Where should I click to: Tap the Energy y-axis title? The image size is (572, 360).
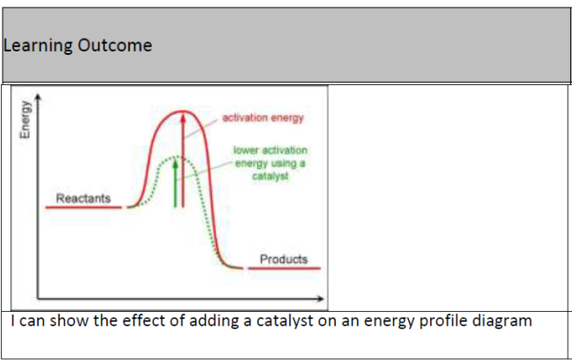pyautogui.click(x=26, y=123)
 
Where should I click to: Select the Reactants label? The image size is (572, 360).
pyautogui.click(x=83, y=198)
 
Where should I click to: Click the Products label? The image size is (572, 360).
pyautogui.click(x=283, y=259)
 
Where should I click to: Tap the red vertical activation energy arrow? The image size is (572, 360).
pyautogui.click(x=181, y=160)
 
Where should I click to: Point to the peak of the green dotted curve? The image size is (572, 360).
pyautogui.click(x=175, y=156)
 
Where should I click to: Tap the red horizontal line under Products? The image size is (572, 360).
pyautogui.click(x=283, y=268)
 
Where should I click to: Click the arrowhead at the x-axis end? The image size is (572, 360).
pyautogui.click(x=321, y=298)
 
